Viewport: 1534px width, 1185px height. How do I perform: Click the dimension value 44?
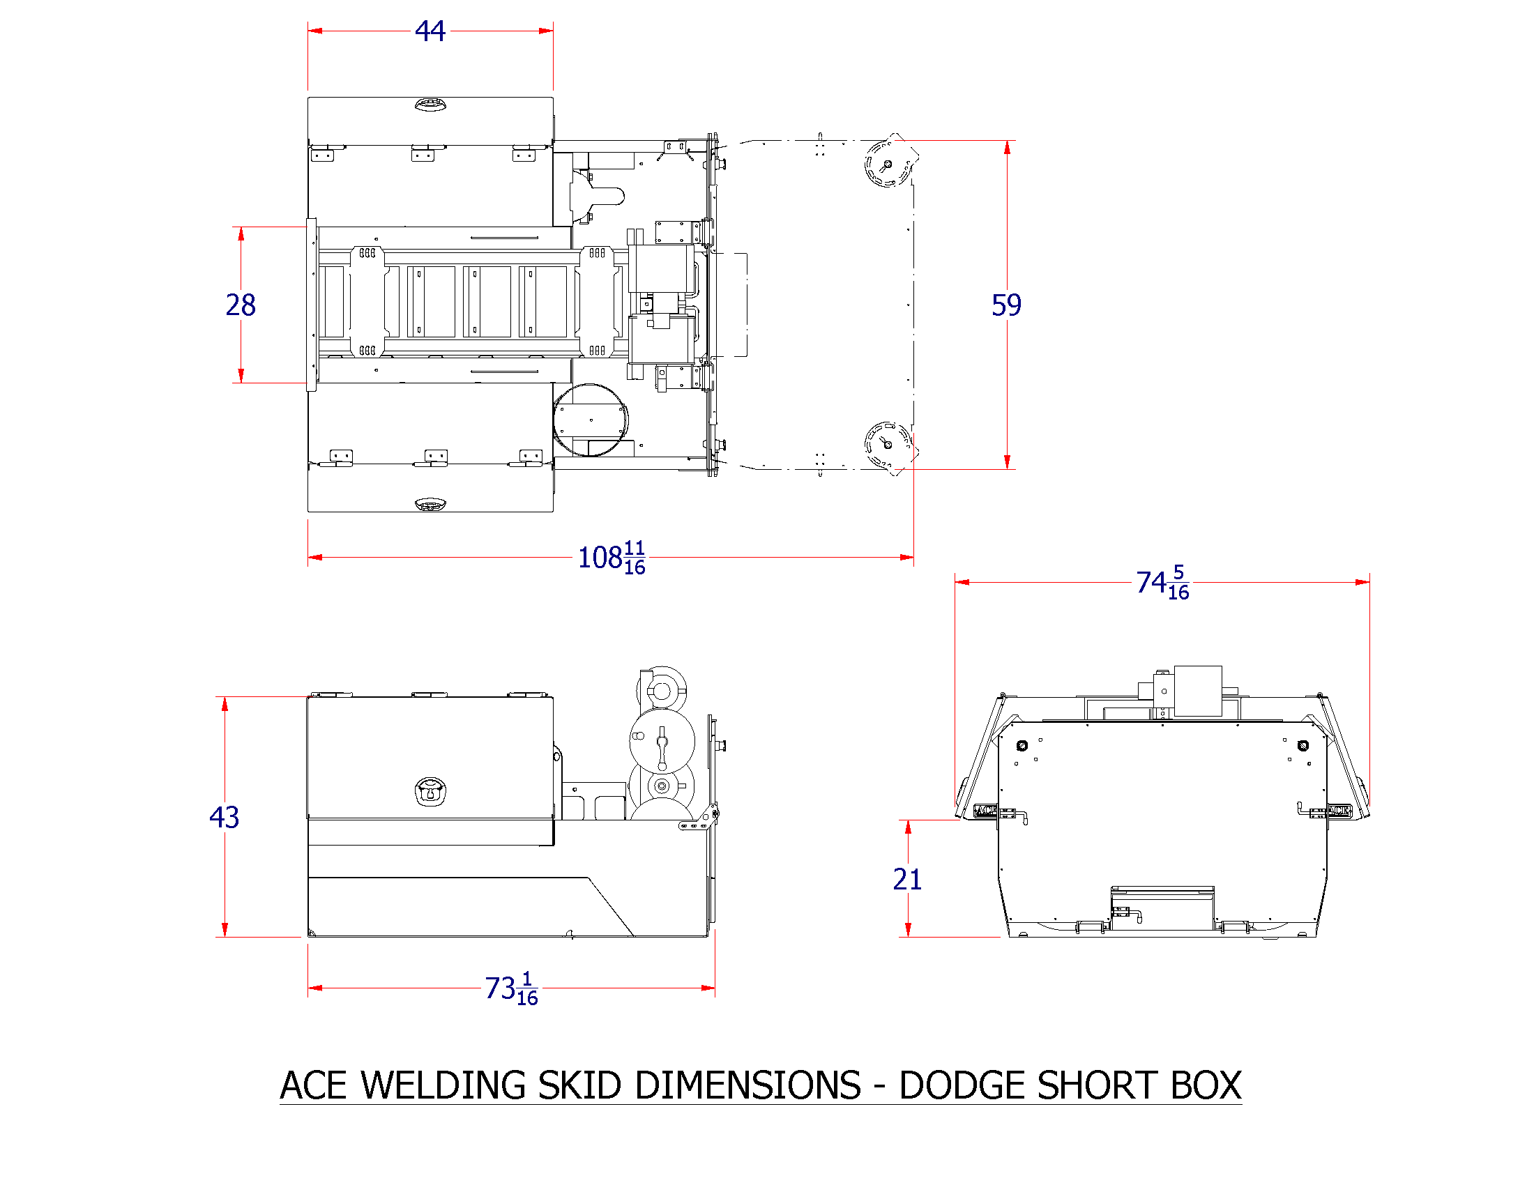click(x=430, y=31)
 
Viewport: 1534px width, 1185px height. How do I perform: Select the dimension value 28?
click(x=241, y=305)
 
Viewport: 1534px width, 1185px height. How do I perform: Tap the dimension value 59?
click(x=1005, y=305)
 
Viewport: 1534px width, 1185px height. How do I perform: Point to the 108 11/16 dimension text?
click(x=611, y=558)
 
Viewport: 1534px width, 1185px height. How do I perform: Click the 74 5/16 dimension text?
click(x=1162, y=583)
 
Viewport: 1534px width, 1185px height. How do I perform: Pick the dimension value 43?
click(x=224, y=817)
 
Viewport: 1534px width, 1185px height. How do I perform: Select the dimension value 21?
click(x=906, y=879)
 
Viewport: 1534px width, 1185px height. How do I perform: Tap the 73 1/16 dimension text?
click(x=511, y=988)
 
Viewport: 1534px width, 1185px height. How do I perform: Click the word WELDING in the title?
click(x=443, y=1086)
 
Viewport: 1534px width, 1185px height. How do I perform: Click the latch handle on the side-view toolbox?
click(x=430, y=791)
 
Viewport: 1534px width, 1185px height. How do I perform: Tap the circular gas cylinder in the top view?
click(x=591, y=420)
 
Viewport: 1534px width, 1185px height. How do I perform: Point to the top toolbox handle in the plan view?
click(x=430, y=105)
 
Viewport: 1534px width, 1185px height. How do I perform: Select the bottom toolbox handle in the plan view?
click(x=430, y=504)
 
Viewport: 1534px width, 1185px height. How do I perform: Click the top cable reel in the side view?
click(x=662, y=689)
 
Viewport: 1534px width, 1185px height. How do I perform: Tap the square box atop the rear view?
click(x=1197, y=691)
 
